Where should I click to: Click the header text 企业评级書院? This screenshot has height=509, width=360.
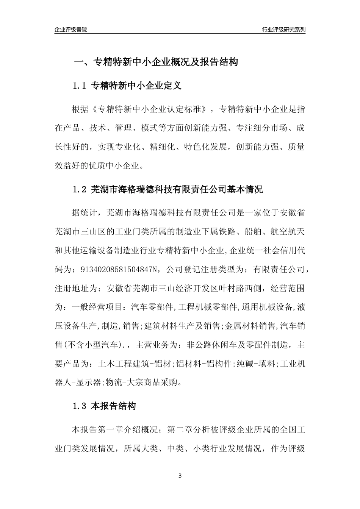(x=71, y=30)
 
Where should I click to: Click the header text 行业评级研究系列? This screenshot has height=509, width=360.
(x=283, y=30)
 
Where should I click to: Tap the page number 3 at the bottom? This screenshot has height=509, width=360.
(x=180, y=475)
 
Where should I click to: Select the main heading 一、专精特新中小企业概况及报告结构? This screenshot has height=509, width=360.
(x=155, y=62)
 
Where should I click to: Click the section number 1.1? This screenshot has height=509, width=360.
(x=80, y=86)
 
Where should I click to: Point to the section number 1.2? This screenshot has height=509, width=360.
(x=80, y=189)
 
